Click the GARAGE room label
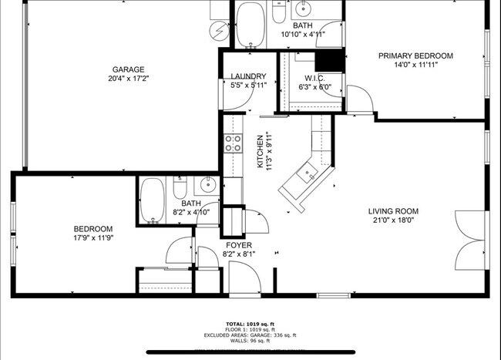[127, 69]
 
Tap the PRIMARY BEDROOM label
[415, 56]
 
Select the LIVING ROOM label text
[393, 211]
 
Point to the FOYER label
[238, 244]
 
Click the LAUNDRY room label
[248, 76]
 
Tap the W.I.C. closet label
[314, 78]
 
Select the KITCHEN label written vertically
[261, 151]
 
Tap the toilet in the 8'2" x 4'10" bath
[180, 187]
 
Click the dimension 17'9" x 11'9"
[93, 238]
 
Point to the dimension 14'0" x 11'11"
[415, 66]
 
